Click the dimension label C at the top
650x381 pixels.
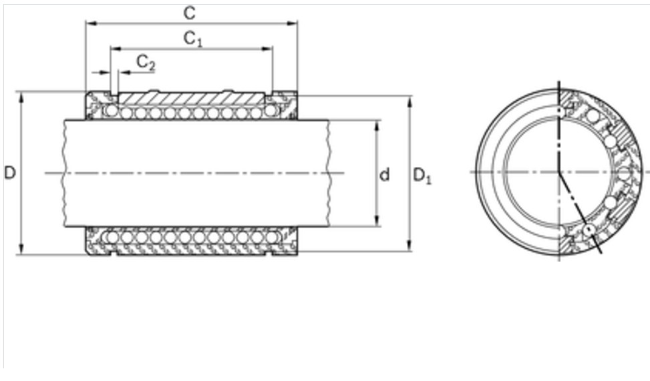[190, 12]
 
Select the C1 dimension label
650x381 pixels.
[192, 39]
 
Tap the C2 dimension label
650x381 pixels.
[146, 63]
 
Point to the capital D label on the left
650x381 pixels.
[9, 173]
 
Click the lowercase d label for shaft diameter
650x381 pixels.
[385, 175]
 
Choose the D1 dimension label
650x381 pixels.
[422, 175]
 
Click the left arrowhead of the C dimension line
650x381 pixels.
[89, 23]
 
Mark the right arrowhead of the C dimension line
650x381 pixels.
[293, 23]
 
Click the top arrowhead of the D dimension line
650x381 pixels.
[22, 95]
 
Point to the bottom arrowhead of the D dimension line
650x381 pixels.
[22, 250]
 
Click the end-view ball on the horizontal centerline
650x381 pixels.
[625, 173]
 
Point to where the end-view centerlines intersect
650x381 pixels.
[559, 172]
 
